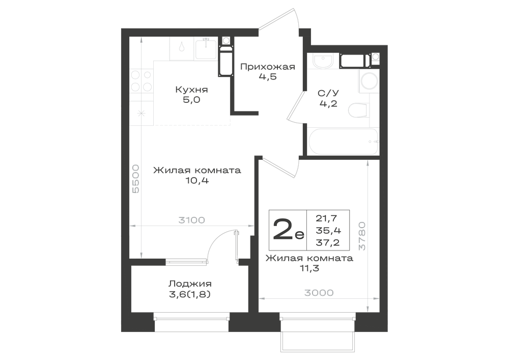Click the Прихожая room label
pos(268,67)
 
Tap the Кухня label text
pos(191,90)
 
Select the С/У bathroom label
pos(328,94)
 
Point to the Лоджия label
pos(190,284)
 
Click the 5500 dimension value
pos(136,179)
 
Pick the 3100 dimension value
pos(191,220)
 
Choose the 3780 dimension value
pos(362,236)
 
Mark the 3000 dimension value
pos(319,293)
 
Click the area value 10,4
pos(197,181)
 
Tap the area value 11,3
pos(309,268)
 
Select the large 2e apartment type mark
pos(289,229)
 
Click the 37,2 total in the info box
pos(328,242)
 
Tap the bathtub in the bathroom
pos(343,142)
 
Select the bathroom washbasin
pos(322,61)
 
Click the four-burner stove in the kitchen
pos(142,81)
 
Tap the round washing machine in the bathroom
pos(369,81)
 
